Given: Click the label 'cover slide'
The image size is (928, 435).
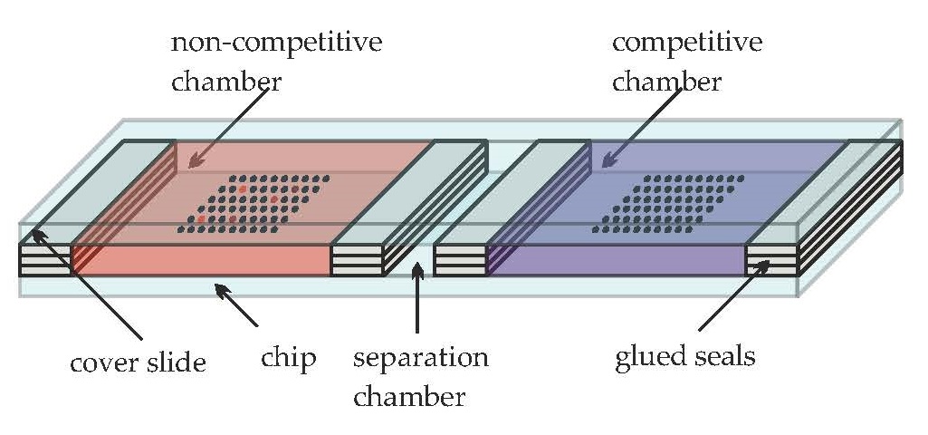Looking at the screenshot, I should click(139, 363).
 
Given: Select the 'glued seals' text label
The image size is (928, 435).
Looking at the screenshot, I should click(684, 354).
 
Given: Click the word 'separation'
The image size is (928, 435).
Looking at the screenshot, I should click(421, 357).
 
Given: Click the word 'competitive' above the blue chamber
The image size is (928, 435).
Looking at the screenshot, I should click(687, 43).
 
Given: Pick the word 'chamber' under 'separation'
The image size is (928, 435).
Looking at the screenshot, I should click(409, 396).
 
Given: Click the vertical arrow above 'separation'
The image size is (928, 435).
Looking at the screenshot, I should click(416, 298).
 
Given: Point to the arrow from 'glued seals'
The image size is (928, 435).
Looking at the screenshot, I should click(733, 295).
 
